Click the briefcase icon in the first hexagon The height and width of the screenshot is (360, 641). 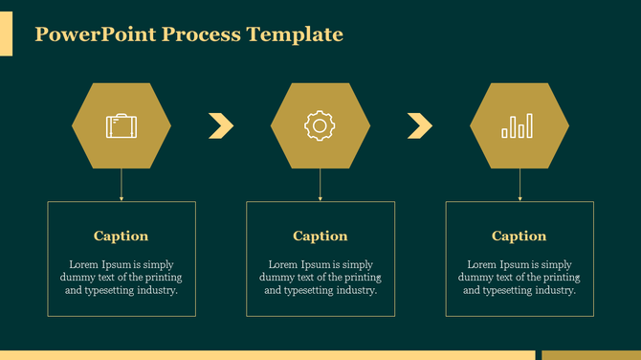[121, 125]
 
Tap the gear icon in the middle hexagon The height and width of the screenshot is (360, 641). [320, 125]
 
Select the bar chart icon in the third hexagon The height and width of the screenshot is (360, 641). [519, 125]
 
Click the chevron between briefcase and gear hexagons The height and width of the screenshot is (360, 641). [221, 125]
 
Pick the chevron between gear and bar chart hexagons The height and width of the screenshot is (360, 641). [420, 125]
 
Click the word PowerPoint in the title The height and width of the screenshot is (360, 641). [95, 35]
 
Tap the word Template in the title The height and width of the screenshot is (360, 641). [295, 35]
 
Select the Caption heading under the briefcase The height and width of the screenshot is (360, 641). [121, 236]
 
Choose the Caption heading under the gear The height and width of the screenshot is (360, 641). [320, 236]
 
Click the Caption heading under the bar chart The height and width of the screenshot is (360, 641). [519, 236]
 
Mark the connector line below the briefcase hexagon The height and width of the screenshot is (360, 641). [121, 185]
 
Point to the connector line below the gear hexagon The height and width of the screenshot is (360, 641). [320, 185]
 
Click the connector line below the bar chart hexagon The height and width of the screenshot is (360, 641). [519, 185]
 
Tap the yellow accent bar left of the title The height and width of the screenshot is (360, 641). [6, 35]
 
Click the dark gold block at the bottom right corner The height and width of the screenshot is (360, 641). [590, 355]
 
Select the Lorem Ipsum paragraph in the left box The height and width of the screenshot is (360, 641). [121, 277]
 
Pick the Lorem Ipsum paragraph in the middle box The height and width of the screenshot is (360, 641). [320, 277]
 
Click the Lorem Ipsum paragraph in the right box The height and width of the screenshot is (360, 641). [519, 277]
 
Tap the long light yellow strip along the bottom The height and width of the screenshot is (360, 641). [268, 355]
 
